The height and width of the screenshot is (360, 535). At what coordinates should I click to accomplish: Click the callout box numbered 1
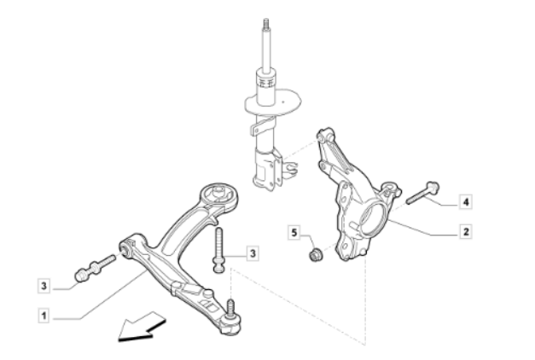click(x=44, y=316)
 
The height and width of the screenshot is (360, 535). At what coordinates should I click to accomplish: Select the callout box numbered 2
click(x=466, y=232)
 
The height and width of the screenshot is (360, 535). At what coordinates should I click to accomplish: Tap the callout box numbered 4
click(x=466, y=202)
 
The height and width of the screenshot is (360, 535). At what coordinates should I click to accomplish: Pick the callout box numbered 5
click(x=294, y=233)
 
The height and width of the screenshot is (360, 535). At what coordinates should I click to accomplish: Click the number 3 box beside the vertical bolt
click(x=253, y=253)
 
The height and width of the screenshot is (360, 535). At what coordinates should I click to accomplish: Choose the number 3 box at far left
click(x=44, y=286)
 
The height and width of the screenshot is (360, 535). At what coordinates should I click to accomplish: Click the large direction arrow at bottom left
click(x=142, y=327)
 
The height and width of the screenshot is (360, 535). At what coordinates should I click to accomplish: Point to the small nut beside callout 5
click(x=315, y=254)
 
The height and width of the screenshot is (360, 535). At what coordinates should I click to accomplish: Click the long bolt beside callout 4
click(x=422, y=193)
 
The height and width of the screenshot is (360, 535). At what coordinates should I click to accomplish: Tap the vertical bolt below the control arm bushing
click(x=218, y=250)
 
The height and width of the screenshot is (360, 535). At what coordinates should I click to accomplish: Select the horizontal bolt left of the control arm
click(x=96, y=268)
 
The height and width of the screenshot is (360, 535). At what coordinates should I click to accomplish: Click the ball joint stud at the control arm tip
click(x=231, y=307)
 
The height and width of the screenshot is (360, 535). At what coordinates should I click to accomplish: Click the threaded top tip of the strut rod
click(x=266, y=24)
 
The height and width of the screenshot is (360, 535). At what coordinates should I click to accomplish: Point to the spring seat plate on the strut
click(x=273, y=102)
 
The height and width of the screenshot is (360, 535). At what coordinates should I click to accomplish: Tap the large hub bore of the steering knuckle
click(x=373, y=218)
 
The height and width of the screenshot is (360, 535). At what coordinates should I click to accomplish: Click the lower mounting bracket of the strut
click(x=268, y=169)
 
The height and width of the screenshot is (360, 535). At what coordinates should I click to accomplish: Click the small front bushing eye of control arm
click(x=126, y=249)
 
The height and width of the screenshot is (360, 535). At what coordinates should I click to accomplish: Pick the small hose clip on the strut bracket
click(x=290, y=169)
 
